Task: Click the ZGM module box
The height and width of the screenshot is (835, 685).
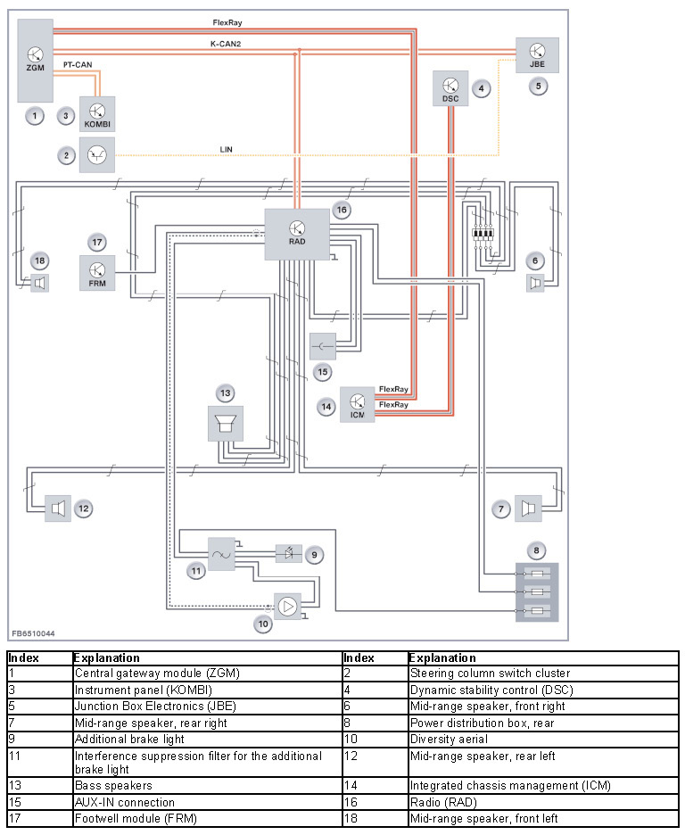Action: (x=35, y=61)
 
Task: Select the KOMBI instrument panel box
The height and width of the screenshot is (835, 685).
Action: (x=97, y=114)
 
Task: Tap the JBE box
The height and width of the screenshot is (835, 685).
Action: (x=537, y=55)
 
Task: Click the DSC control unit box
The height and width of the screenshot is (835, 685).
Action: (x=450, y=88)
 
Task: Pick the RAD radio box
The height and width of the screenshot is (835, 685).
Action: (x=297, y=235)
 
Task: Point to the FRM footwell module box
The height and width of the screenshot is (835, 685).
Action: (x=97, y=273)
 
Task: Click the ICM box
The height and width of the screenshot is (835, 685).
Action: (x=357, y=405)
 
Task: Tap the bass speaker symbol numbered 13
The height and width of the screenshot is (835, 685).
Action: (x=225, y=424)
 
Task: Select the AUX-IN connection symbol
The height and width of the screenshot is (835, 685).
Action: (x=323, y=347)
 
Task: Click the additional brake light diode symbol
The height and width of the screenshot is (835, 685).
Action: (x=288, y=554)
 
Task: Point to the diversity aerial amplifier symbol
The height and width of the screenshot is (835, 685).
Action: (x=287, y=607)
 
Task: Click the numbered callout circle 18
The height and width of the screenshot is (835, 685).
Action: (x=40, y=260)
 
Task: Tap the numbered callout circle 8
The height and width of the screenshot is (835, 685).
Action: (x=537, y=550)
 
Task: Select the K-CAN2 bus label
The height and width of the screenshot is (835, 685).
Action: (x=226, y=44)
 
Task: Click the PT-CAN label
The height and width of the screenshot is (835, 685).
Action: (x=78, y=64)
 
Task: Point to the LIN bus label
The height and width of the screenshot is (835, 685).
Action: (x=227, y=150)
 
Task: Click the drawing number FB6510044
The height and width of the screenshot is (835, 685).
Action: (x=34, y=633)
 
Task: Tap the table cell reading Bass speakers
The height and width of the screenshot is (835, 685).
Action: (x=113, y=785)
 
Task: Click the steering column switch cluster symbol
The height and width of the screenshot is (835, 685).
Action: (x=97, y=155)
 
